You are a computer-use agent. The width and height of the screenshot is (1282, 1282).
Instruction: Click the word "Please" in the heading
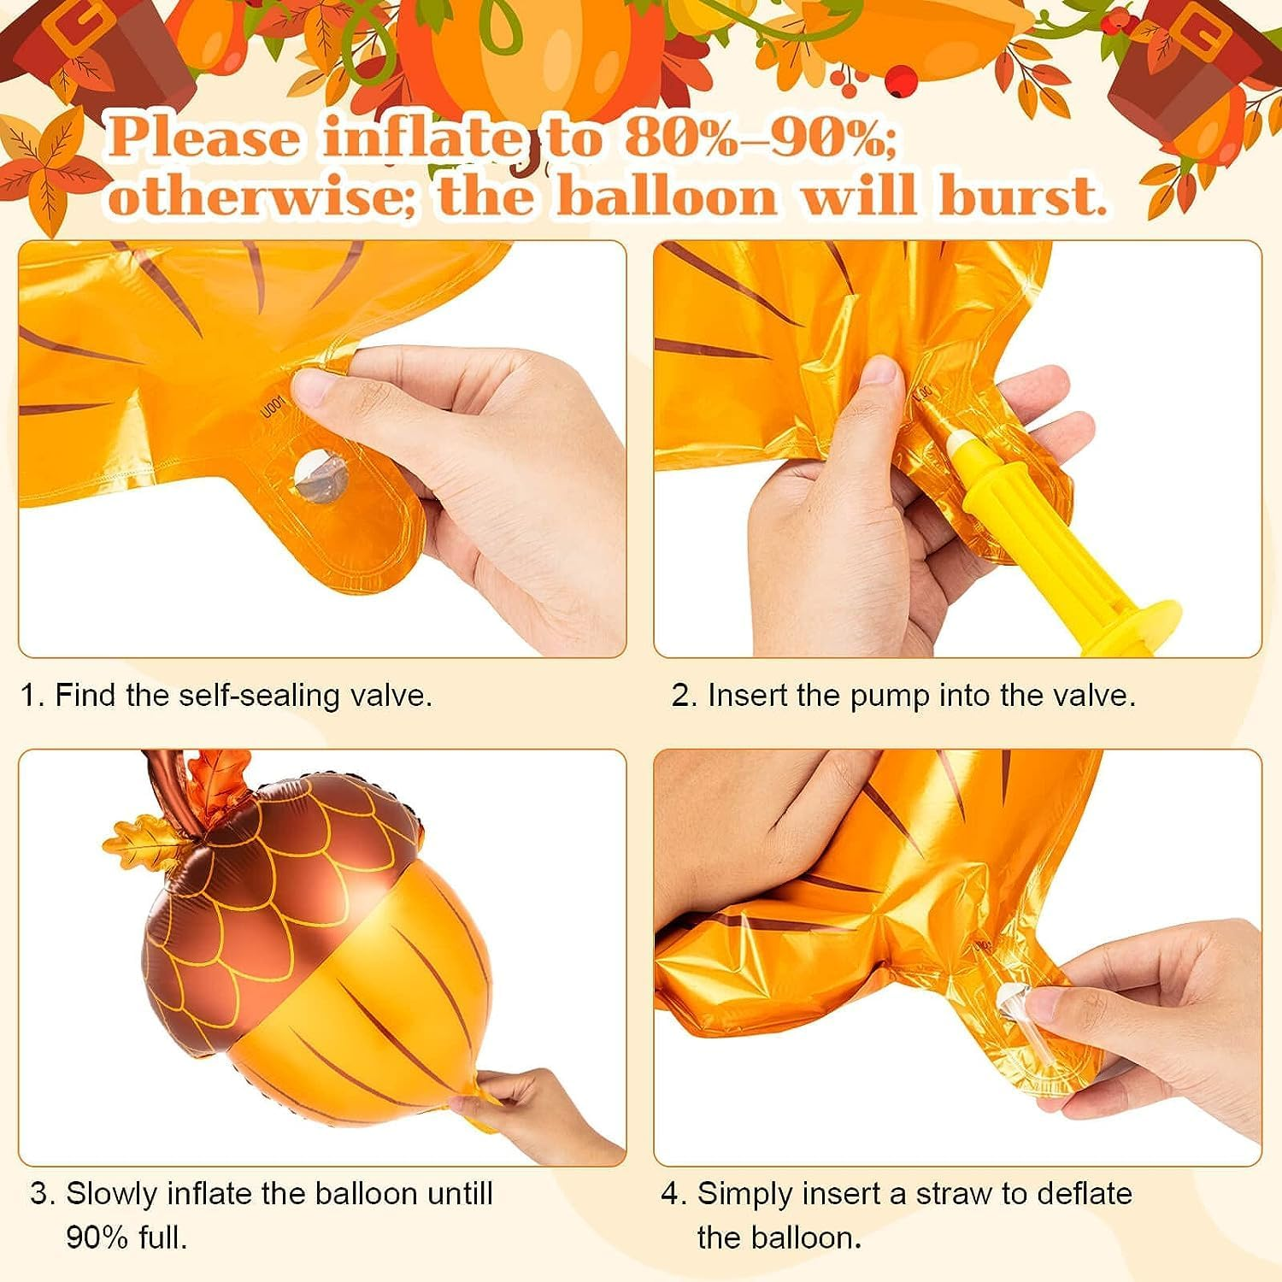point(205,138)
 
